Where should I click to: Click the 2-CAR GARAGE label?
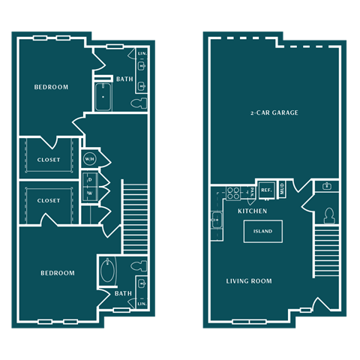point(274,113)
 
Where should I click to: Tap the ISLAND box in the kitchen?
point(262,231)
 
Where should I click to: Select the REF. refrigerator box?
point(266,190)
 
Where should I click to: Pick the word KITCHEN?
point(253,211)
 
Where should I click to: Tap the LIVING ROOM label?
point(249,281)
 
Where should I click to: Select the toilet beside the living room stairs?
point(328,216)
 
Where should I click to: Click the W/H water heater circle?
point(90,159)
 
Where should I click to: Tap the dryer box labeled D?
point(90,180)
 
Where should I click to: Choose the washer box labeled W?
point(90,194)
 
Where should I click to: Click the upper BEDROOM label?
point(51,88)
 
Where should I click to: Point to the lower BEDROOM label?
point(58,273)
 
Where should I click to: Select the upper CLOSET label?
point(49,160)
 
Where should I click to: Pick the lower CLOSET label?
point(49,200)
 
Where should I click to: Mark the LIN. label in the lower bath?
point(141,304)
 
